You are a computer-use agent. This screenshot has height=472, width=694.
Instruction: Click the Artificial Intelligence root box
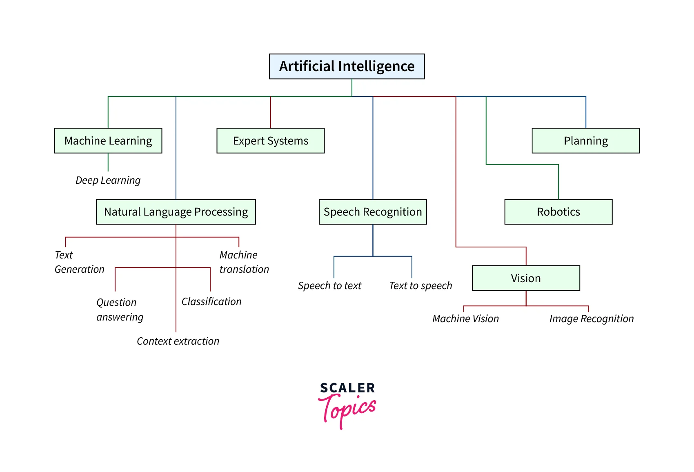click(x=347, y=66)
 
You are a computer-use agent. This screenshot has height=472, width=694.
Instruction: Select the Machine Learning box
click(x=108, y=141)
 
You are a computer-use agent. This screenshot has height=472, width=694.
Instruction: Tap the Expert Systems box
click(x=270, y=141)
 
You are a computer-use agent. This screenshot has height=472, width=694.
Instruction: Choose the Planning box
click(x=585, y=141)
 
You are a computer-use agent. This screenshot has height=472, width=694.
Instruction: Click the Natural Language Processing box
click(x=176, y=212)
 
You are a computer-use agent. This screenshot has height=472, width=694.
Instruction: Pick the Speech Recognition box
click(x=372, y=212)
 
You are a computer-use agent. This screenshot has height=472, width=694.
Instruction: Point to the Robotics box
click(x=558, y=212)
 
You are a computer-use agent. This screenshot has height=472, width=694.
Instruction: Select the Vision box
click(x=525, y=278)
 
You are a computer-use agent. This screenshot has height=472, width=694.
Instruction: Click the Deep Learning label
click(x=108, y=180)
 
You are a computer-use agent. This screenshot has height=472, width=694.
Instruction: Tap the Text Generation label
click(x=79, y=262)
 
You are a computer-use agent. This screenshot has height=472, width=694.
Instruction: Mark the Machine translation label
click(x=244, y=262)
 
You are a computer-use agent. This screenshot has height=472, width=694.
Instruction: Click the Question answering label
click(x=120, y=309)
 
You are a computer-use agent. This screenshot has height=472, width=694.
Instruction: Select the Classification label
click(x=211, y=302)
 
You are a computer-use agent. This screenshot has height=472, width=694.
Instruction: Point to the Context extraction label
click(x=178, y=341)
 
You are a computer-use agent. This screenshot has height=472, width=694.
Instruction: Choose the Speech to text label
click(x=329, y=286)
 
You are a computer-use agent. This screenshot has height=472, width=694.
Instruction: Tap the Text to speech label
click(x=420, y=286)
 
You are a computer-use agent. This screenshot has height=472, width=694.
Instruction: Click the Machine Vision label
click(x=465, y=319)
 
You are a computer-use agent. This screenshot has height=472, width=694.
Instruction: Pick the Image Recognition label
click(x=591, y=319)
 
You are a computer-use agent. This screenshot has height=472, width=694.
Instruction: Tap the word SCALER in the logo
click(x=347, y=388)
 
